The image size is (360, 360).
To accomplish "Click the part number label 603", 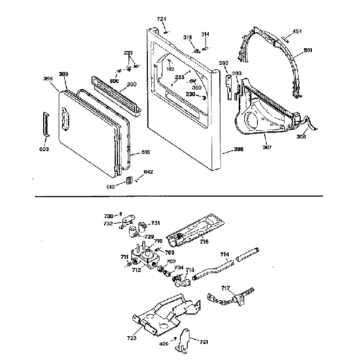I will [44, 149].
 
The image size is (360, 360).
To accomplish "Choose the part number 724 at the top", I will [161, 19].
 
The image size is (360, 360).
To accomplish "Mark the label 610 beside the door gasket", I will [145, 152].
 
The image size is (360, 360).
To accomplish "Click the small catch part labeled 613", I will [130, 180].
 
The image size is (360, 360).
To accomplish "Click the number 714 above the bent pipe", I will [224, 254].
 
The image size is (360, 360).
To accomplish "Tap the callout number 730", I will [109, 215].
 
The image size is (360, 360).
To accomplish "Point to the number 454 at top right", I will [297, 32].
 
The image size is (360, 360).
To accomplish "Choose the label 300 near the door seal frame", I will [132, 84].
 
